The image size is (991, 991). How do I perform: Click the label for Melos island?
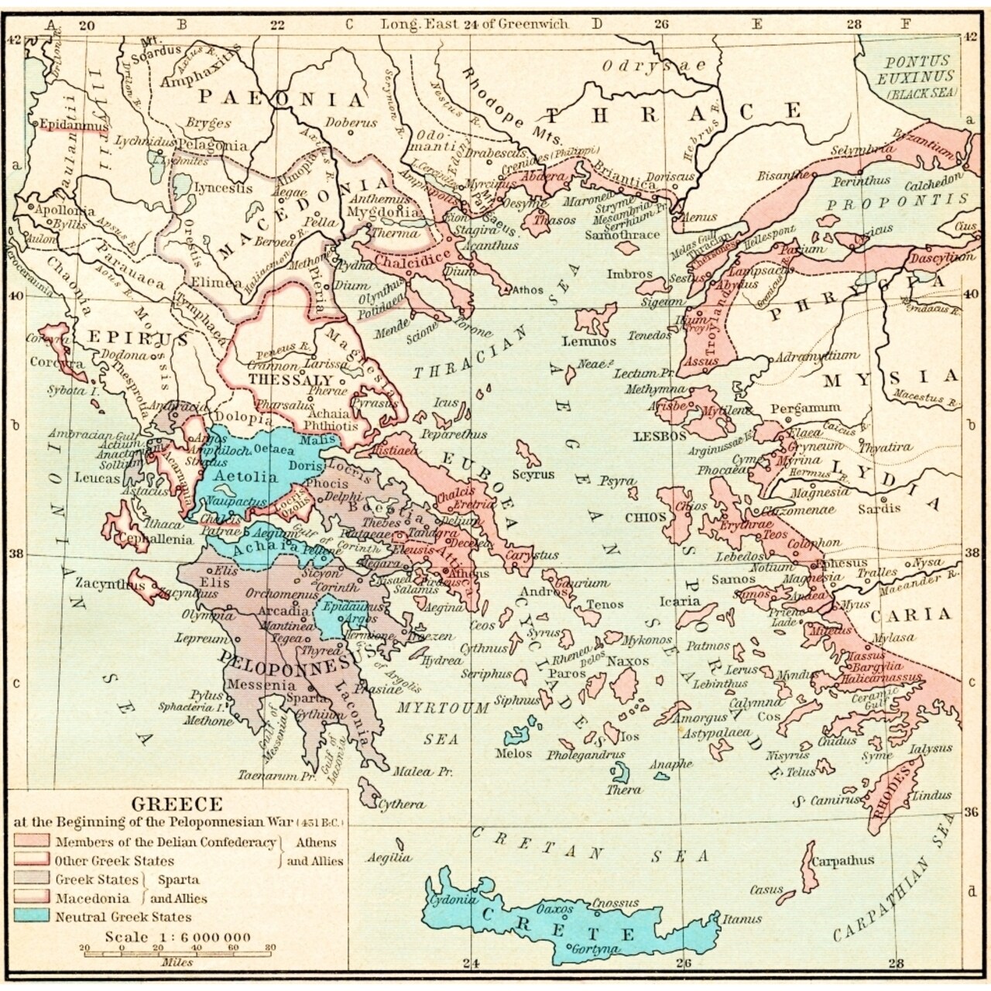point(514,753)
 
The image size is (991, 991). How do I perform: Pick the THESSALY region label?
point(291,380)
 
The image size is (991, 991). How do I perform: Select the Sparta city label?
point(295,696)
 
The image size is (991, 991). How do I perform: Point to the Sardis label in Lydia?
point(880,508)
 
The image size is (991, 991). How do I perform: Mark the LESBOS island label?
point(660,436)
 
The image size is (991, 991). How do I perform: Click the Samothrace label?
point(623,234)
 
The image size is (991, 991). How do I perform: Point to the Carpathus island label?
point(842,860)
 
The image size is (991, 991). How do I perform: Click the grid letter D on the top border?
point(596,23)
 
